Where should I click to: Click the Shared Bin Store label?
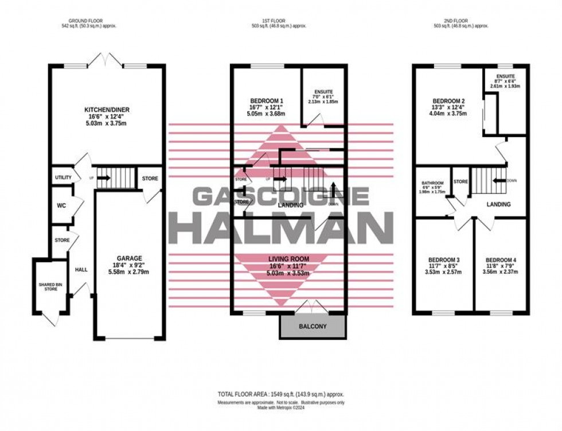[47, 286]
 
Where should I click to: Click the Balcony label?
[313, 327]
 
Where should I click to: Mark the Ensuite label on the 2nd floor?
[505, 77]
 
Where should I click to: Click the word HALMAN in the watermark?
[280, 227]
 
